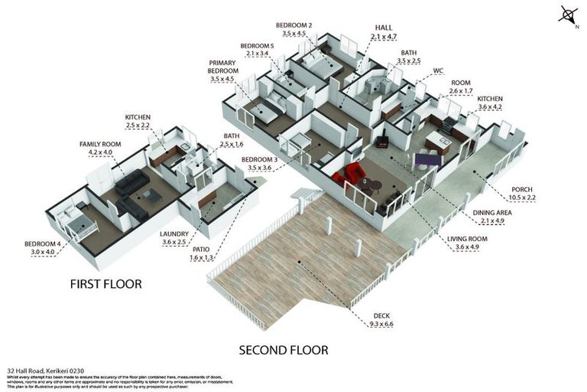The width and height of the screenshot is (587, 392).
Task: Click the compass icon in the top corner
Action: (566, 15)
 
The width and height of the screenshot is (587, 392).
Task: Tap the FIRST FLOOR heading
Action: (106, 284)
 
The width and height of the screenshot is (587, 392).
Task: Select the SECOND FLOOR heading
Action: (284, 351)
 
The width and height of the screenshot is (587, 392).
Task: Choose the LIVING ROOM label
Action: (471, 238)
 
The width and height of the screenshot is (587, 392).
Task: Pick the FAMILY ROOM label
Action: (96, 144)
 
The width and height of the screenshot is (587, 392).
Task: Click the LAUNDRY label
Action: (174, 234)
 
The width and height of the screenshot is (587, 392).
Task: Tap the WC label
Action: (438, 70)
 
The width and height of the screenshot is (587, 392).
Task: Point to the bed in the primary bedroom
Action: (264, 113)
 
